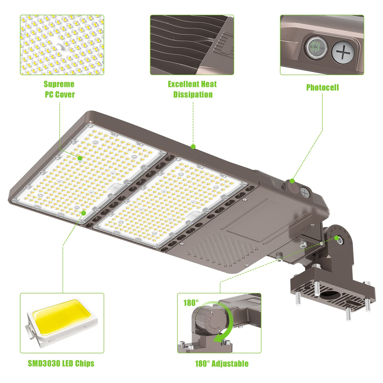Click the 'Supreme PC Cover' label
coord(59,89)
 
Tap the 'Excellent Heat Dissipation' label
coord(192,89)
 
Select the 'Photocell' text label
coord(322,87)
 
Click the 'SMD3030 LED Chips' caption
coord(61,363)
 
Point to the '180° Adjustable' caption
coord(221,363)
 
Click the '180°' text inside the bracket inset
coord(191,303)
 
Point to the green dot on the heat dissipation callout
coord(193,146)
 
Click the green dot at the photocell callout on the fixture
coord(292,181)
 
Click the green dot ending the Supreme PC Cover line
coord(80,158)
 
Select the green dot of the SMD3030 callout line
coord(84,213)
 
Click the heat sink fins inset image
coord(192,45)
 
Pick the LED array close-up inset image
coord(62,45)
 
